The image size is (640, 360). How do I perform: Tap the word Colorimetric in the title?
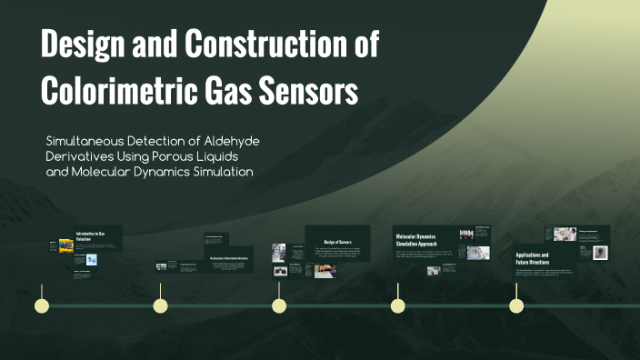tap(133, 90)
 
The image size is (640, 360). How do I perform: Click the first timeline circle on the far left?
tap(41, 305)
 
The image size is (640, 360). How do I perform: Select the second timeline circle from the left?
tap(160, 305)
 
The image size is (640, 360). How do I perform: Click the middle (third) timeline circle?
tap(279, 305)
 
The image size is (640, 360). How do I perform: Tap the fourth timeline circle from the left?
tap(397, 305)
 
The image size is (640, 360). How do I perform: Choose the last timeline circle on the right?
tap(516, 305)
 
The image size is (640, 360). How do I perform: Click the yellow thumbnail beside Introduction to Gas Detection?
tap(66, 245)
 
